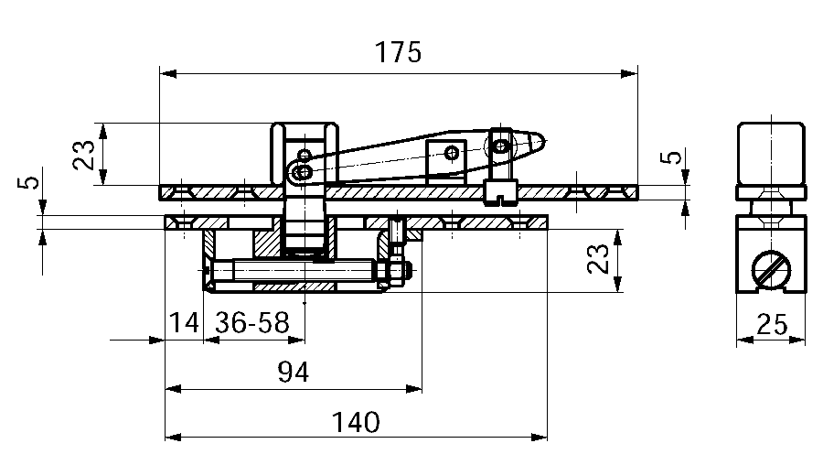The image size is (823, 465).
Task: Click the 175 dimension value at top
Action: pyautogui.click(x=398, y=52)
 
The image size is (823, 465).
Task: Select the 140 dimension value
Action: pyautogui.click(x=356, y=422)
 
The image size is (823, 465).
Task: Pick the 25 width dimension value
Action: pyautogui.click(x=772, y=324)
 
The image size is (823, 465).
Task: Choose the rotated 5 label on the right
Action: pyautogui.click(x=672, y=157)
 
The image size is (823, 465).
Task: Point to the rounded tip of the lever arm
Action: pyautogui.click(x=539, y=142)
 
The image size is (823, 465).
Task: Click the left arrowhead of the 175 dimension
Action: pyautogui.click(x=166, y=73)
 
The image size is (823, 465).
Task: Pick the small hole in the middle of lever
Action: pyautogui.click(x=449, y=151)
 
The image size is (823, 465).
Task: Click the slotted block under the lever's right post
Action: pyautogui.click(x=498, y=191)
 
